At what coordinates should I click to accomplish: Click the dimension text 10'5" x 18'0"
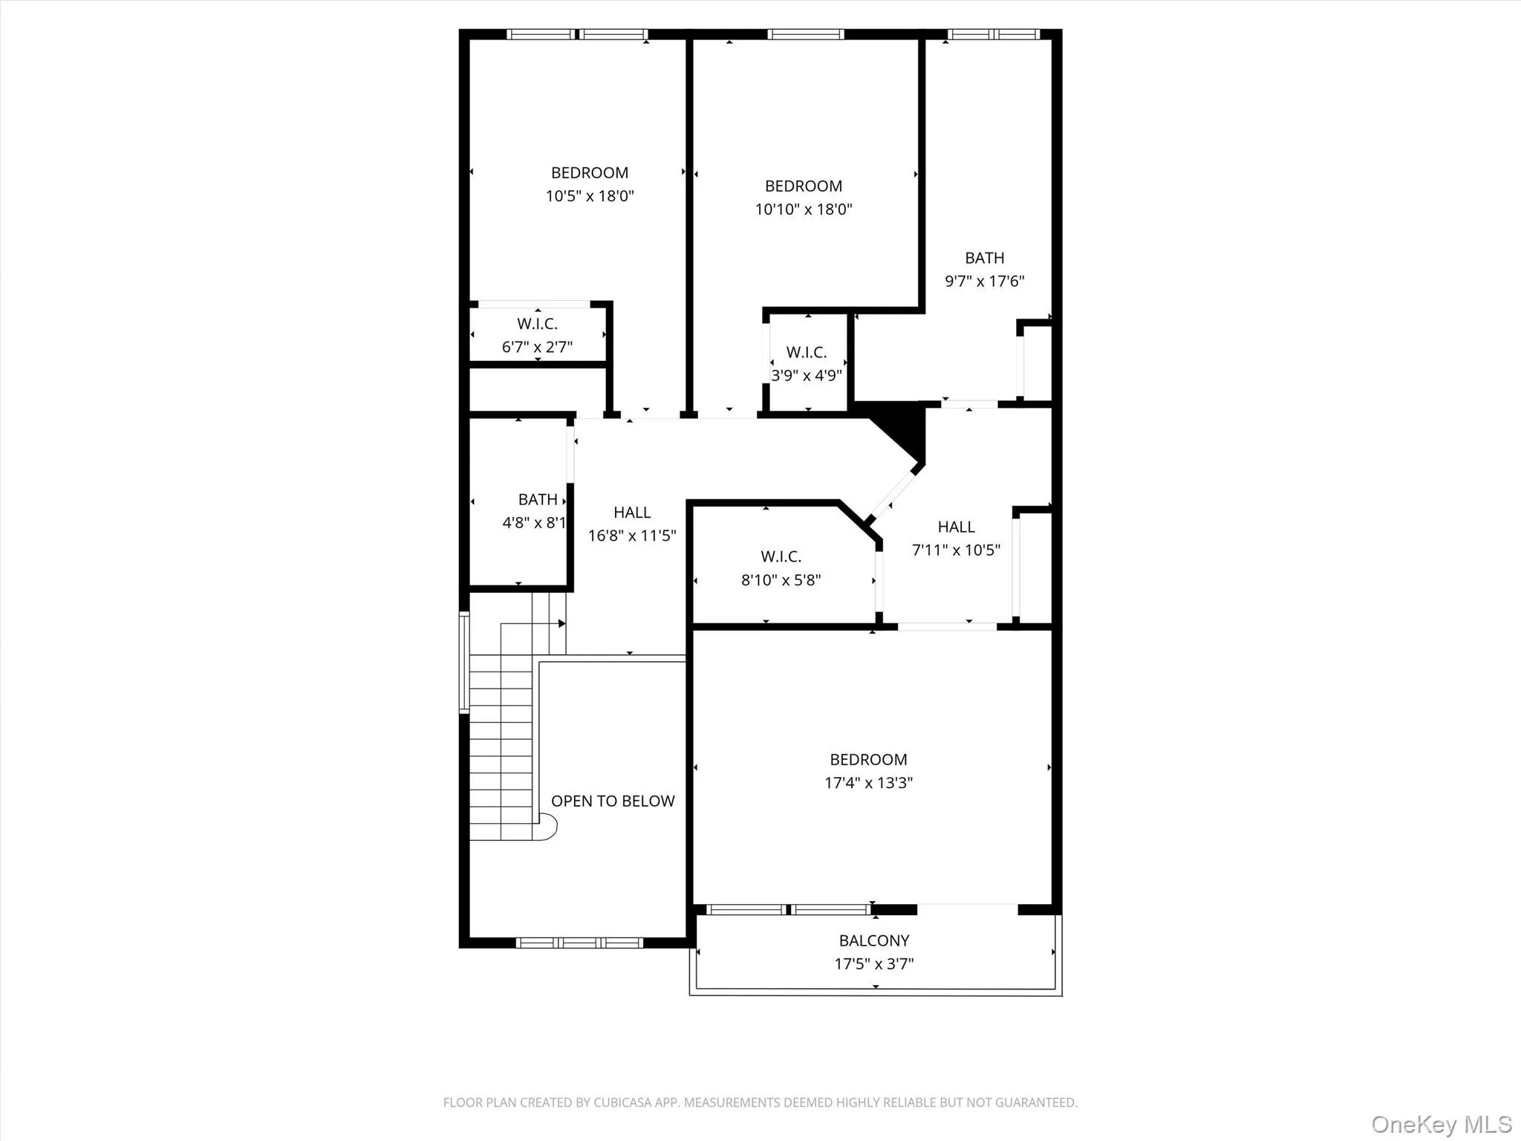coord(590,196)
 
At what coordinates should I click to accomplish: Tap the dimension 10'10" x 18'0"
coord(804,209)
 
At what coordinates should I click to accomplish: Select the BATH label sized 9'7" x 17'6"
coord(984,258)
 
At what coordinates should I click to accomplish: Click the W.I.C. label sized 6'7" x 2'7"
coord(537,324)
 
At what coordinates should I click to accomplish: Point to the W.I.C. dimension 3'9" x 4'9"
coord(807,375)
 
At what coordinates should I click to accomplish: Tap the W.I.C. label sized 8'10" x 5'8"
coord(781,556)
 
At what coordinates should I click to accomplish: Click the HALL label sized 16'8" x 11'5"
coord(632,513)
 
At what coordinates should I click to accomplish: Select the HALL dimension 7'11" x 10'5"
coord(956,550)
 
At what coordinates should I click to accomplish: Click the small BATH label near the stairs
coord(538,499)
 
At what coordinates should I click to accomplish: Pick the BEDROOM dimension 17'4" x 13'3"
coord(868,782)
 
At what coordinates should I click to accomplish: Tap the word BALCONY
coord(874,940)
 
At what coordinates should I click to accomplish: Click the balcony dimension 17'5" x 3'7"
coord(874,964)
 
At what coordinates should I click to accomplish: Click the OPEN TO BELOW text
coord(613,801)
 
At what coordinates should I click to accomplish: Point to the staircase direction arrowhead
coord(562,624)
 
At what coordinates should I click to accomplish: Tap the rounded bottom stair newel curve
coord(549,827)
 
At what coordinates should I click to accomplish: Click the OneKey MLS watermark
coord(1441,1124)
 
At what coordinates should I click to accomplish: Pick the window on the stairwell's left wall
coord(464,662)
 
